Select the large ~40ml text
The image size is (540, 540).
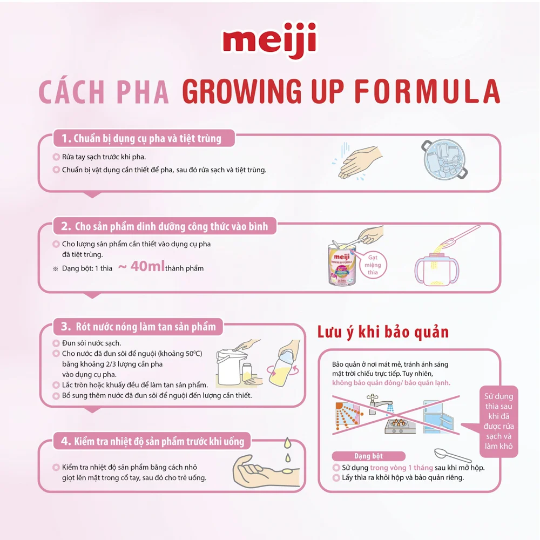click(141, 267)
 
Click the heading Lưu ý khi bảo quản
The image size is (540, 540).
click(383, 331)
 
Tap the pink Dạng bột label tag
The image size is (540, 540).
click(369, 456)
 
